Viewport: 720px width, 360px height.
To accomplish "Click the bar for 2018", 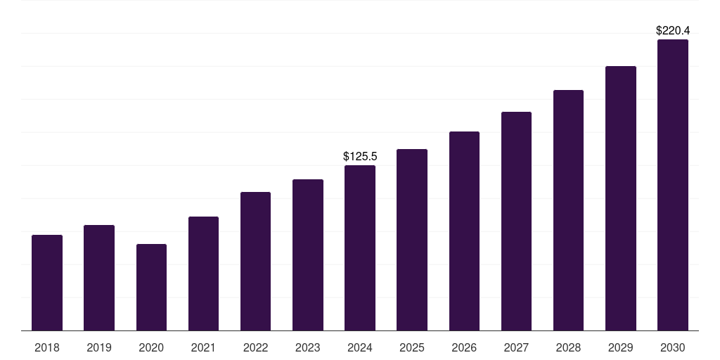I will (47, 283).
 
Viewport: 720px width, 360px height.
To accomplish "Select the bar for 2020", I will (151, 287).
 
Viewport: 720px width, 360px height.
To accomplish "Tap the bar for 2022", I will (255, 261).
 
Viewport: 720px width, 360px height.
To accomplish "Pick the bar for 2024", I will (360, 247).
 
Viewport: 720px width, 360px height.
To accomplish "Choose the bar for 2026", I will (464, 231).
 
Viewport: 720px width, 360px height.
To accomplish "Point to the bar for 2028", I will (568, 210).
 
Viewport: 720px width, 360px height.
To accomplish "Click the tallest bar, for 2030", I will (673, 185).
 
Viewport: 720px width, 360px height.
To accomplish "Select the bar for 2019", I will (99, 278).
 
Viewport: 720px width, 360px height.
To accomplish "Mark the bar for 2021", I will (203, 274).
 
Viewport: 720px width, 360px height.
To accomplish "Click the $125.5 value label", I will (360, 156).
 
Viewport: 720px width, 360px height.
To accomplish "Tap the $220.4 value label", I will (673, 31).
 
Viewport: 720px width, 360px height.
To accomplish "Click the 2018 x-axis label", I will (47, 348).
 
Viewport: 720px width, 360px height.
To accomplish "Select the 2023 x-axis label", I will (308, 348).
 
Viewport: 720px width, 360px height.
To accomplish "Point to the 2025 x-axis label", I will (412, 348).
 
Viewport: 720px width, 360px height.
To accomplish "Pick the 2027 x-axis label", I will (516, 348).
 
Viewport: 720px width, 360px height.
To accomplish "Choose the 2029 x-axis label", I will (621, 348).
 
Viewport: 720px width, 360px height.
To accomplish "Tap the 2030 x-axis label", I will (673, 348).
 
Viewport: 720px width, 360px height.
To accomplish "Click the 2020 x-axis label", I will (151, 348).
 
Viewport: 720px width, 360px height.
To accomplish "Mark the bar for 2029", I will (621, 198).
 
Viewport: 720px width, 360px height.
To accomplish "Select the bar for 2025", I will (412, 240).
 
